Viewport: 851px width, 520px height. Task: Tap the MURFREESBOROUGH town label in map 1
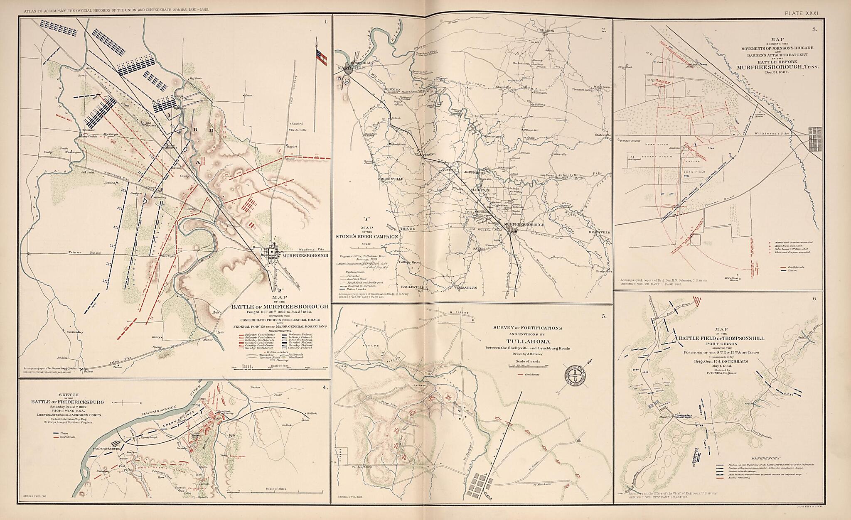(x=305, y=256)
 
